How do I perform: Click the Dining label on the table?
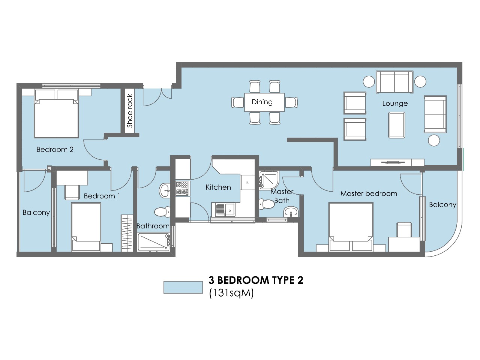[x=262, y=102]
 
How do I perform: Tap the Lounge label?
[x=394, y=103]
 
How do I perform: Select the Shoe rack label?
[x=130, y=111]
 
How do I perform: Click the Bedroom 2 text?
[x=55, y=150]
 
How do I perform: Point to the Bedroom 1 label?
[x=102, y=196]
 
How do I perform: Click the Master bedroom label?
[x=368, y=194]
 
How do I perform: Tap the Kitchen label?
[x=218, y=187]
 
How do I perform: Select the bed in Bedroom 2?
[x=56, y=114]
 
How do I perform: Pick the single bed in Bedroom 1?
[x=86, y=226]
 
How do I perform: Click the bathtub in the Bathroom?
[x=153, y=242]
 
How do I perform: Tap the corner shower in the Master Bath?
[x=268, y=180]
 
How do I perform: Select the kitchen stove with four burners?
[x=182, y=188]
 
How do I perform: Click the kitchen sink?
[x=224, y=209]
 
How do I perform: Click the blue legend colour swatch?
[x=183, y=287]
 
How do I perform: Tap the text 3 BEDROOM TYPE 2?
[x=256, y=280]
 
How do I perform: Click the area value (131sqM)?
[x=231, y=293]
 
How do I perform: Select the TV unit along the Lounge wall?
[x=397, y=162]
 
